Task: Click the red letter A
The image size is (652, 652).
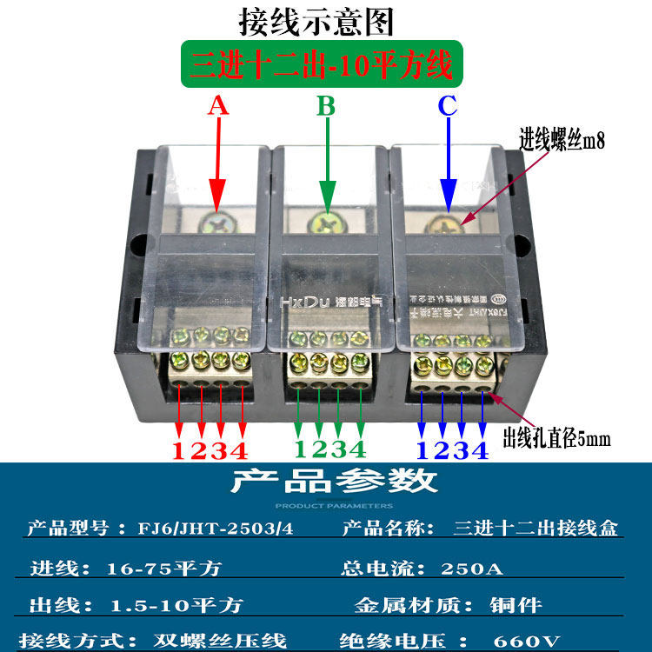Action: coord(217,106)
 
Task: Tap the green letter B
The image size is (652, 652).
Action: coord(326,106)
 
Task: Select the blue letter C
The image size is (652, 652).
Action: coord(447,106)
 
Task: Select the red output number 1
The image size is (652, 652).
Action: coord(179,450)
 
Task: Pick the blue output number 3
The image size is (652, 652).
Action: coord(462,450)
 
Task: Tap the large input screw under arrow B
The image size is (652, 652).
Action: coord(326,223)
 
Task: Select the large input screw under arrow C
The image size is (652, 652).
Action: coord(447,223)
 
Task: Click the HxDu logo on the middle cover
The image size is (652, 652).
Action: coord(296,301)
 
